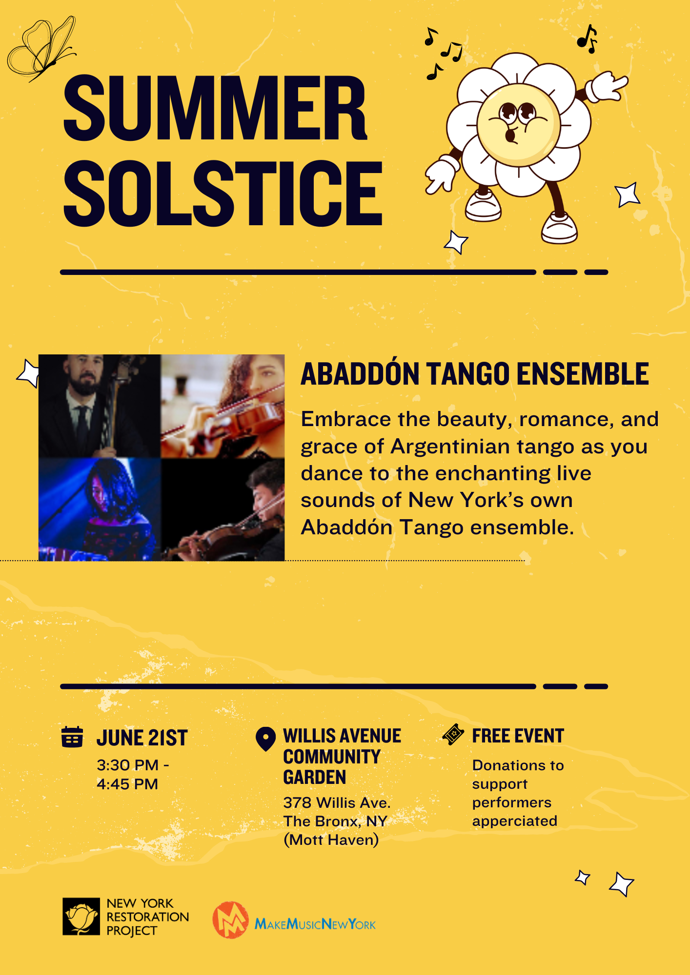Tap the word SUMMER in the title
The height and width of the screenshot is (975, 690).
tap(215, 108)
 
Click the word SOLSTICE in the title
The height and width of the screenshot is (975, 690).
tap(223, 194)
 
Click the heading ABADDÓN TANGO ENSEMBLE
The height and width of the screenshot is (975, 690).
tap(474, 374)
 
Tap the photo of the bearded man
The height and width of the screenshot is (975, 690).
tap(100, 406)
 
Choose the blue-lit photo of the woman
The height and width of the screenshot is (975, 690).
tap(100, 509)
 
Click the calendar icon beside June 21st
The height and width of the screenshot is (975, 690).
tap(72, 737)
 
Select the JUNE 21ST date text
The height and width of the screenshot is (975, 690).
tap(142, 738)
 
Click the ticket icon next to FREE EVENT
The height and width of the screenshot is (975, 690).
tap(453, 735)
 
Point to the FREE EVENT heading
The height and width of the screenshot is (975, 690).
tap(518, 736)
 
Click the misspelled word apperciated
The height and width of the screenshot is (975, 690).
tap(514, 821)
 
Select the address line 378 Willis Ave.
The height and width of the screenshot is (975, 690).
tap(337, 802)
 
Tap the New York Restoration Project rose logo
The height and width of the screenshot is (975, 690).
tap(81, 916)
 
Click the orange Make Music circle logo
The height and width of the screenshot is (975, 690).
tap(230, 920)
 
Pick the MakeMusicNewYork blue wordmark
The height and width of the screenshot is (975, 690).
tap(315, 924)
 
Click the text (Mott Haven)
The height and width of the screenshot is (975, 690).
tap(331, 840)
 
